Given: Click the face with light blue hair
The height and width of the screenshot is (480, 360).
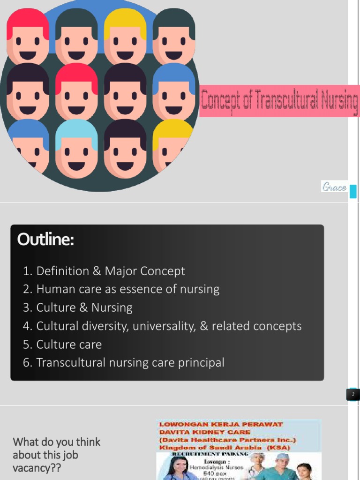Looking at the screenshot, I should click(76, 149).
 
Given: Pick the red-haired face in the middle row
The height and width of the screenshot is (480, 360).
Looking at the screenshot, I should click(76, 93).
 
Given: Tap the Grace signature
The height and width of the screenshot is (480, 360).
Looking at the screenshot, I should click(334, 187).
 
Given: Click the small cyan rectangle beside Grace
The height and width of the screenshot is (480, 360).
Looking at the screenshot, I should click(353, 191).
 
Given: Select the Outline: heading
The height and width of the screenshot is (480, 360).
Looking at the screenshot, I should click(45, 240).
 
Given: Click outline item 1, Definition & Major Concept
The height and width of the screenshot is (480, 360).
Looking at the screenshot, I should click(104, 271).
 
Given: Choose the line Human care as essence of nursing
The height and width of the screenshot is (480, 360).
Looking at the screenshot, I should click(121, 289).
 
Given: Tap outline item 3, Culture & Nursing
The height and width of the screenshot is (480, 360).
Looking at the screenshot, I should click(78, 307).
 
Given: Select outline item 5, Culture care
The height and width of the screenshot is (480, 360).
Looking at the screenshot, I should click(62, 344).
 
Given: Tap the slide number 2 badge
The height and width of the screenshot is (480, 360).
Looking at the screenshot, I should click(353, 394).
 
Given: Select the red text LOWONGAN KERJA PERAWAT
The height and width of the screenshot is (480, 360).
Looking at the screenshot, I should click(221, 424).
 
